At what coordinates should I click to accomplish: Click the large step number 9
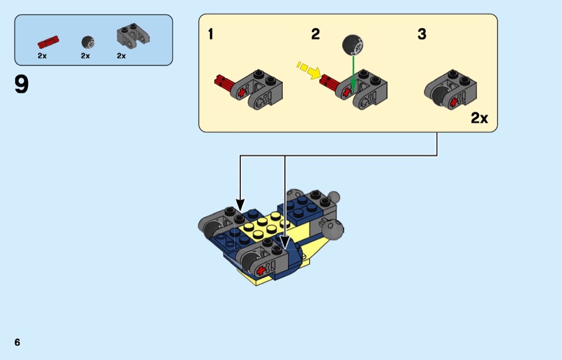[22, 85]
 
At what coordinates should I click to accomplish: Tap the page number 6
[17, 342]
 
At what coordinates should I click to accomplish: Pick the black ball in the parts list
[87, 42]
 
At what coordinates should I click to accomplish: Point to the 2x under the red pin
[42, 56]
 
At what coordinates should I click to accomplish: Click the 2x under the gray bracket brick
[121, 56]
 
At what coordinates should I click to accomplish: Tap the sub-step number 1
[211, 35]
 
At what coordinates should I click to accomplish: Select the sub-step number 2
[315, 35]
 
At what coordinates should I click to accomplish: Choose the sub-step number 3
[422, 35]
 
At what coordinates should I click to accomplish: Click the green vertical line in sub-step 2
[353, 72]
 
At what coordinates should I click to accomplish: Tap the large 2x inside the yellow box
[479, 118]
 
